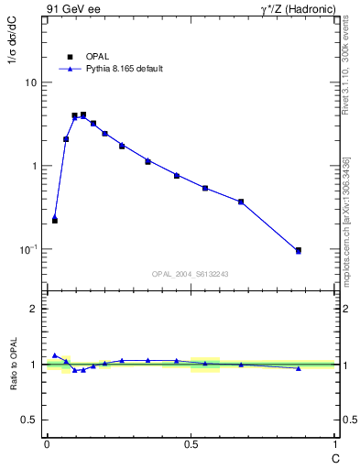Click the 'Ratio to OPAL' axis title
tap(14, 364)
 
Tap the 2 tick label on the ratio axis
tap(35, 309)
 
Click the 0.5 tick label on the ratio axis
tap(30, 420)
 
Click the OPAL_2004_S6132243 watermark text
tap(191, 274)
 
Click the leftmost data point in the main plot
tap(55, 220)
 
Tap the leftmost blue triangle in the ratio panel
tap(55, 354)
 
